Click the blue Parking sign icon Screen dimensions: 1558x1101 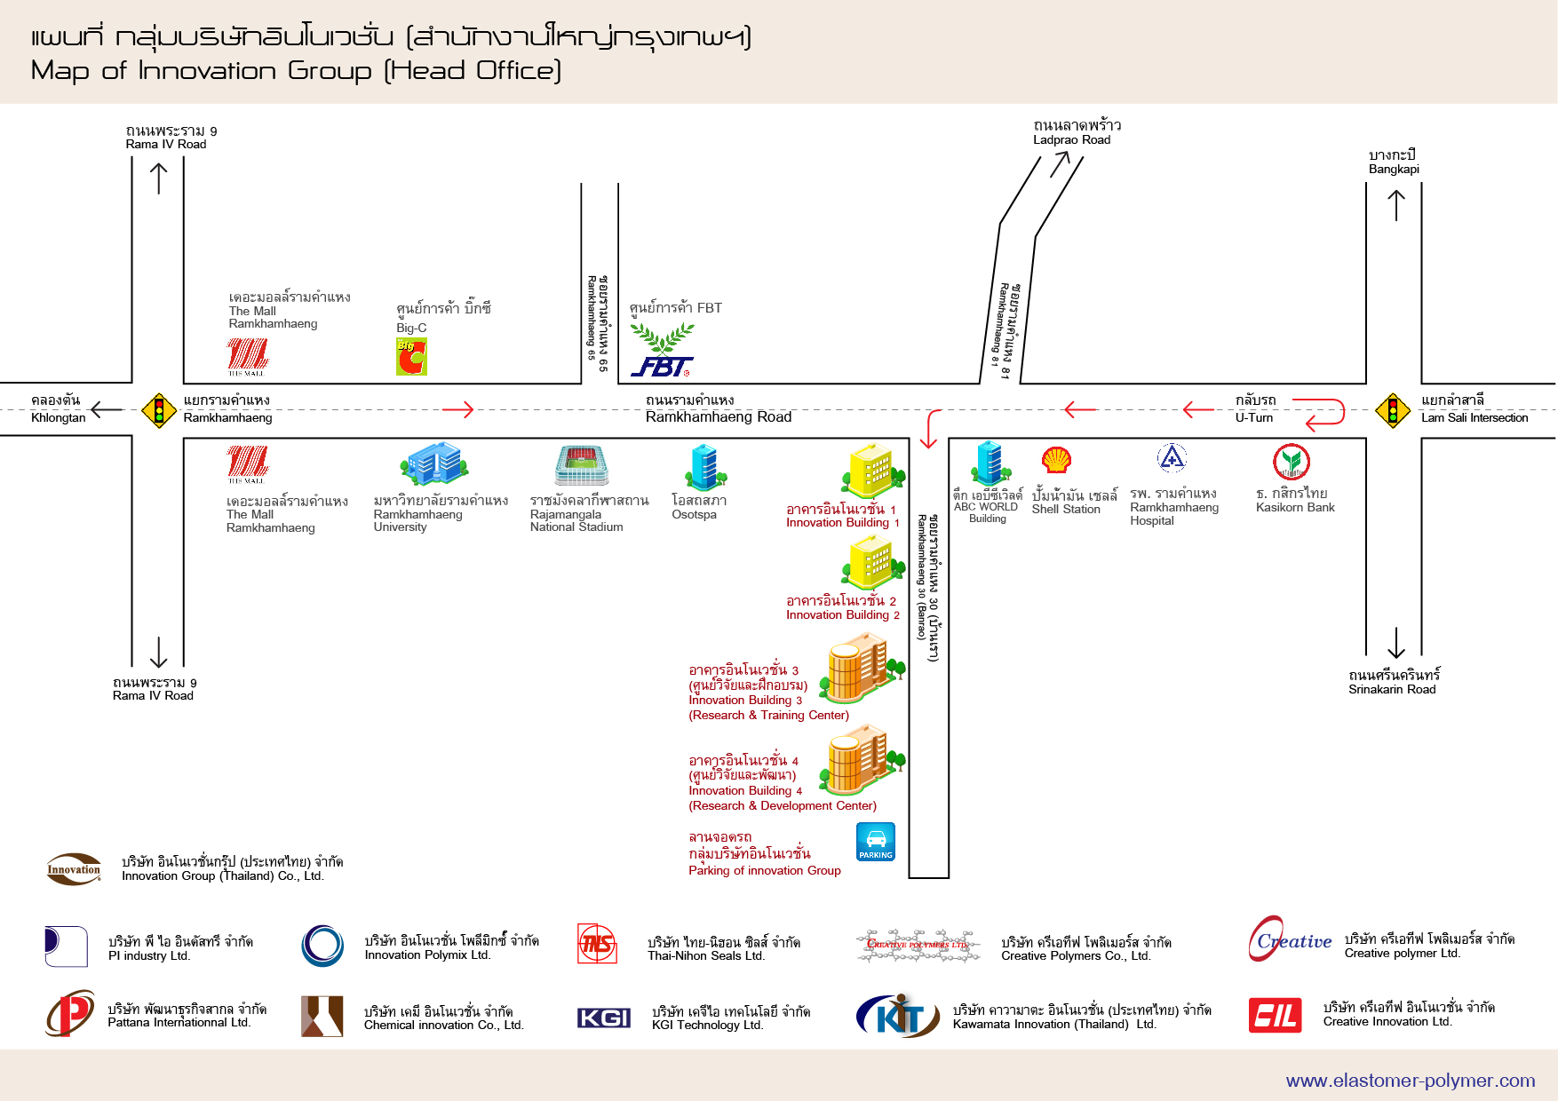coord(875,842)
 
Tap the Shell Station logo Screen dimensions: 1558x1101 coord(1056,460)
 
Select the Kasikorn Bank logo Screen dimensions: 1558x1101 coord(1292,462)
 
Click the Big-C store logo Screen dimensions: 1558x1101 coord(411,357)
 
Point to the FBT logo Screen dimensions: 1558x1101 coord(662,351)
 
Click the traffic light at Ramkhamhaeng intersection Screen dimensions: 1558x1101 coord(159,411)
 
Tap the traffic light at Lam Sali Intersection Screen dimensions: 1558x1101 coord(1393,411)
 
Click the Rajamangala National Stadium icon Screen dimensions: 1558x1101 coord(582,465)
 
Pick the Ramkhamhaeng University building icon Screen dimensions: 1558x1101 coord(434,463)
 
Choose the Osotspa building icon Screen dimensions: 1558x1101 coord(706,467)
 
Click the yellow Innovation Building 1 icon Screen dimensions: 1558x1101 coord(873,471)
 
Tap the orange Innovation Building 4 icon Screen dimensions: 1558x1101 coord(862,759)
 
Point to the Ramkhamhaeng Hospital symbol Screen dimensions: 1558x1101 coord(1172,458)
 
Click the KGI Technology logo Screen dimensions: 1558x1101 coord(604,1018)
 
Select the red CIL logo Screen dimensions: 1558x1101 coord(1275,1016)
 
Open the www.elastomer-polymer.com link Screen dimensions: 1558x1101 coord(1411,1081)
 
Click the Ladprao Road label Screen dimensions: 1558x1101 coord(1072,139)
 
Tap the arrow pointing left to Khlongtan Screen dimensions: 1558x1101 coord(107,410)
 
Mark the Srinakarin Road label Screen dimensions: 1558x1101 coord(1392,690)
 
